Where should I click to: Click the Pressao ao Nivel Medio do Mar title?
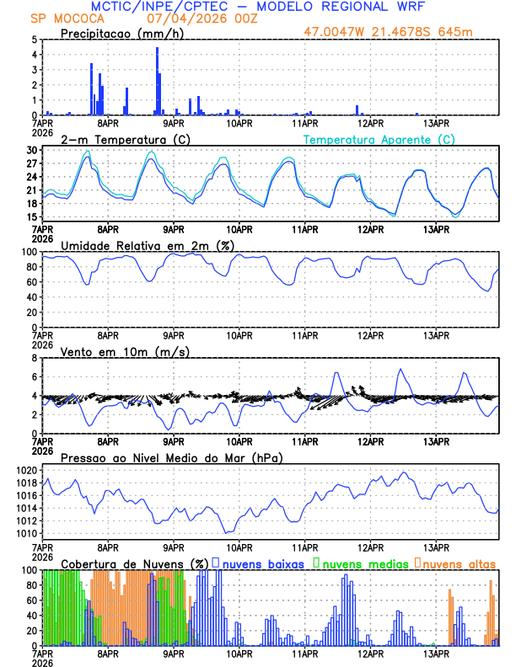pyautogui.click(x=171, y=457)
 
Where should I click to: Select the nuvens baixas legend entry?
pyautogui.click(x=262, y=563)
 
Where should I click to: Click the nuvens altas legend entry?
pyautogui.click(x=455, y=563)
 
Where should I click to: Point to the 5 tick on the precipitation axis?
pyautogui.click(x=34, y=40)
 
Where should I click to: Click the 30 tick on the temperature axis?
pyautogui.click(x=31, y=150)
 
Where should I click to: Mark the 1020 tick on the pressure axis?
pyautogui.click(x=27, y=470)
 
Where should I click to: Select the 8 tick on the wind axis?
pyautogui.click(x=34, y=358)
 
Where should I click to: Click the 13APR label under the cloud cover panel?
pyautogui.click(x=436, y=653)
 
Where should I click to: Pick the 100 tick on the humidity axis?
pyautogui.click(x=29, y=252)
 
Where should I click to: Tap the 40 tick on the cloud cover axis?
pyautogui.click(x=31, y=616)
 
